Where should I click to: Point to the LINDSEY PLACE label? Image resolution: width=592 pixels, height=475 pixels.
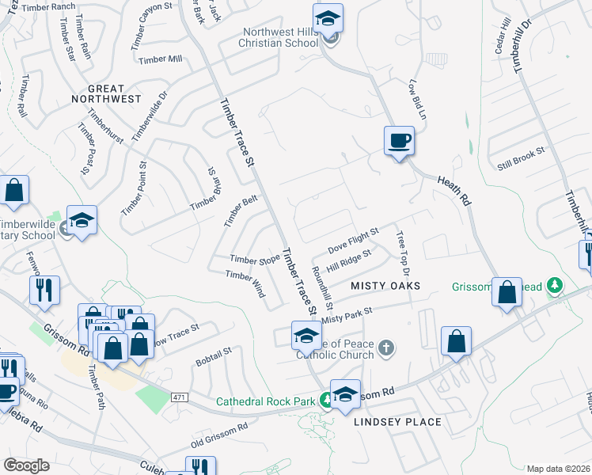pos(397,421)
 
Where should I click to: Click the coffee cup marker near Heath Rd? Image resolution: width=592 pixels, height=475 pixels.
pos(399,141)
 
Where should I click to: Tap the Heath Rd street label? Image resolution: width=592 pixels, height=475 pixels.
pos(454,191)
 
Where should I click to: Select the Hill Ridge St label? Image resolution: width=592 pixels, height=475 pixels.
pos(349,258)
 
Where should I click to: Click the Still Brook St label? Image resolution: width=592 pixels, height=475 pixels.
pos(521,158)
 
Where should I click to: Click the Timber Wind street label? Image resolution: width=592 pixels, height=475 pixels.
pos(245,284)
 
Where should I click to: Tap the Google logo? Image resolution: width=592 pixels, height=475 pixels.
pos(26,465)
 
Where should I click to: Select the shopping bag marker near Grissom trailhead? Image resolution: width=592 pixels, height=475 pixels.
pos(507,292)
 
